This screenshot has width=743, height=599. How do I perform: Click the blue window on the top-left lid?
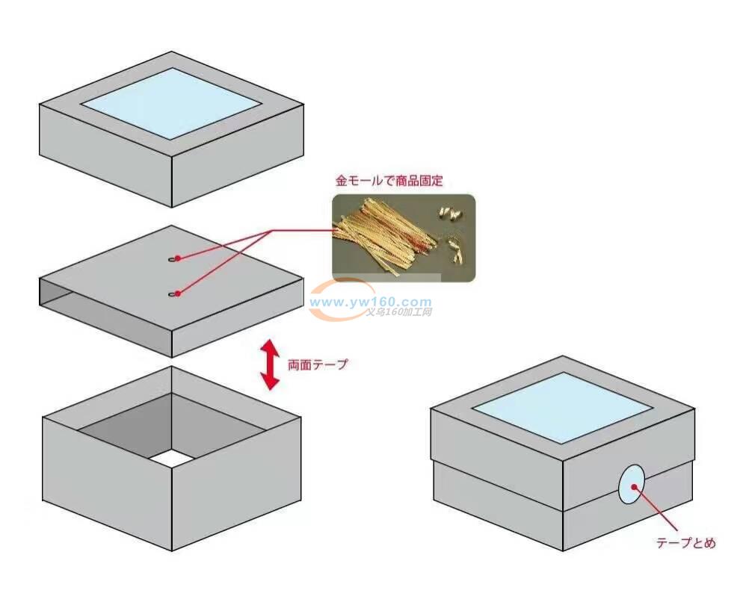[172, 103]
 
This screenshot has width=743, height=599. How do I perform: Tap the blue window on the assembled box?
[562, 407]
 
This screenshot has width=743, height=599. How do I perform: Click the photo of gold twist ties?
[403, 238]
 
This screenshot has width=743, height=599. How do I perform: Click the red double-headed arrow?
[270, 365]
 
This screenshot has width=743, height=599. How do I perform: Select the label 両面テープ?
[318, 366]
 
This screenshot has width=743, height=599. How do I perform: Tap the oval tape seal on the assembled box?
[632, 484]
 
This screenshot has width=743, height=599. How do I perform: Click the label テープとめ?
[685, 543]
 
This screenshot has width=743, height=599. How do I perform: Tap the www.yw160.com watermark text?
[370, 302]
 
